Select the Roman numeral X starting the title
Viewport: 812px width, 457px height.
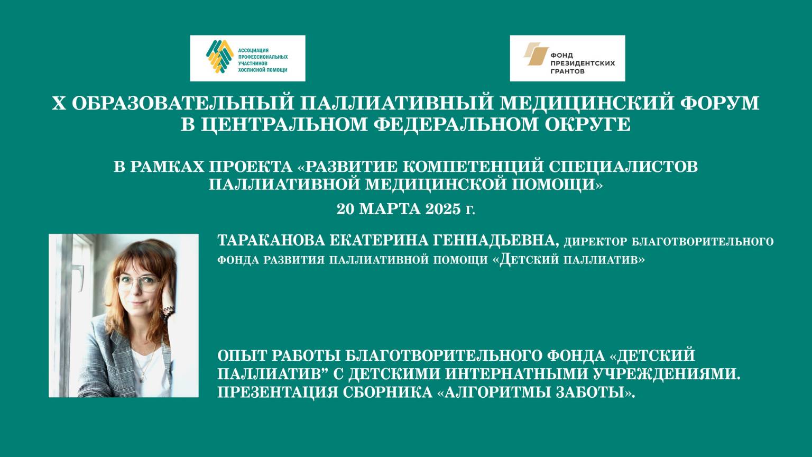point(58,103)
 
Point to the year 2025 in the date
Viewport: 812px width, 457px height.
point(439,209)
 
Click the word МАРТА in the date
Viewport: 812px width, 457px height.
point(387,209)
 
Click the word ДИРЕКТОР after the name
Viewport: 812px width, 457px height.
point(596,242)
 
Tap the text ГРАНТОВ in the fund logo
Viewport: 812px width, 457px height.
point(568,71)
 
